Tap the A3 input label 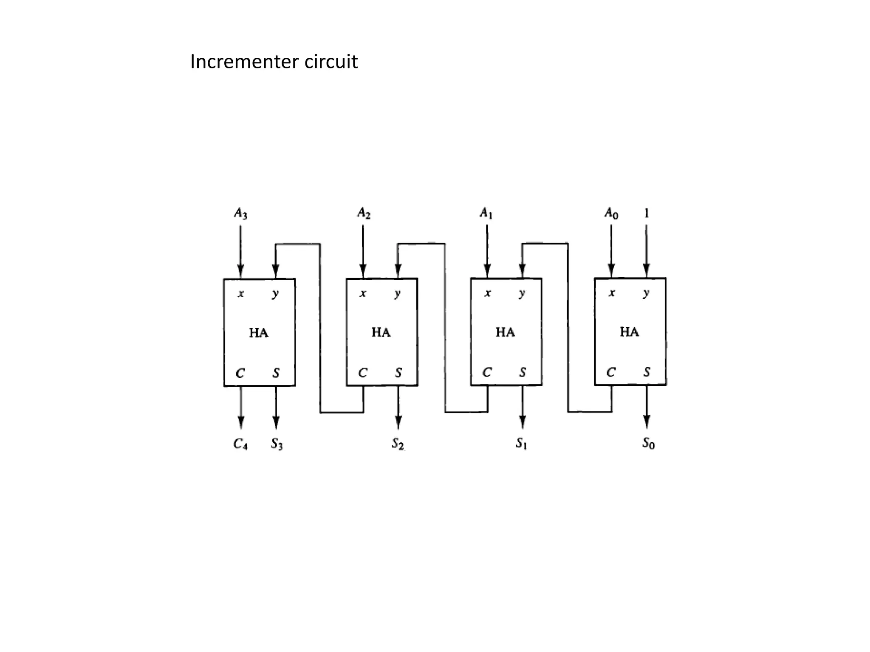coord(240,213)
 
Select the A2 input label coord(364,213)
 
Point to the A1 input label coord(486,213)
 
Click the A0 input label coord(611,213)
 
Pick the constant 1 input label coord(646,213)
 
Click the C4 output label coord(240,444)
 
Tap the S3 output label coord(277,444)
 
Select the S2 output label coord(398,444)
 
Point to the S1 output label coord(521,444)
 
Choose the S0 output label coord(648,444)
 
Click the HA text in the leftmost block coord(259,333)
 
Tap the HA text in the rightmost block coord(629,332)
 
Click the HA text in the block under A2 coord(381,332)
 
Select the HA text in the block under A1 coord(505,332)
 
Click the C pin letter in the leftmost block coord(240,374)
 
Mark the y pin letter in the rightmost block coord(646,293)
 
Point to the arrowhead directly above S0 coord(647,422)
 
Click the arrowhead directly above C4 coord(241,423)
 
